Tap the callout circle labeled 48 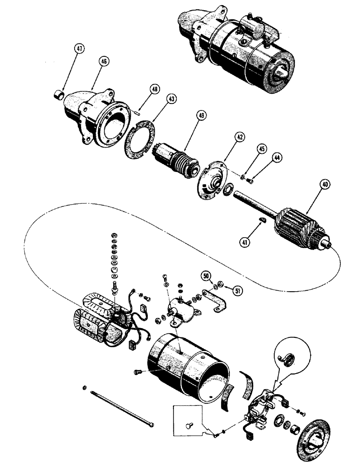pyautogui.click(x=154, y=89)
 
